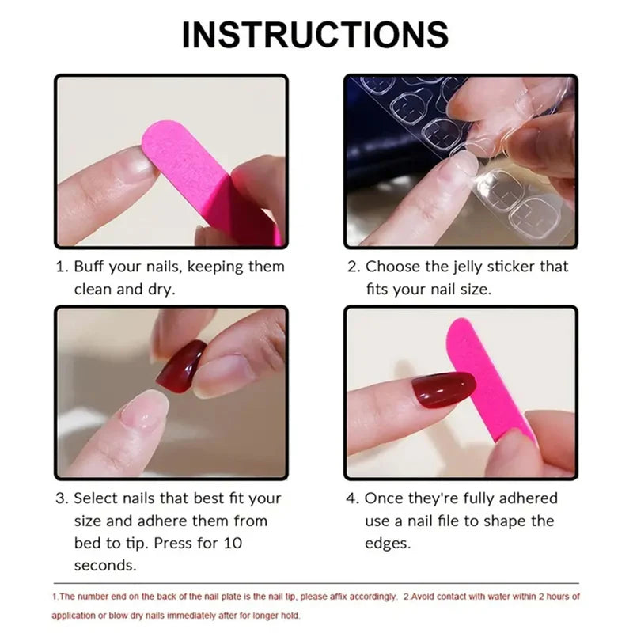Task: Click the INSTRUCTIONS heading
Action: (x=316, y=35)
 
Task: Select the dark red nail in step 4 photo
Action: (x=442, y=389)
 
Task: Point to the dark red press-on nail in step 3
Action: (x=181, y=366)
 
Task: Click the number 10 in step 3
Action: (x=233, y=543)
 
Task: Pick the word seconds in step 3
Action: (x=105, y=565)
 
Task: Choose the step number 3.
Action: (x=60, y=498)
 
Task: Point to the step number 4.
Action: (x=353, y=498)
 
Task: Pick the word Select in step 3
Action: (x=95, y=498)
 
